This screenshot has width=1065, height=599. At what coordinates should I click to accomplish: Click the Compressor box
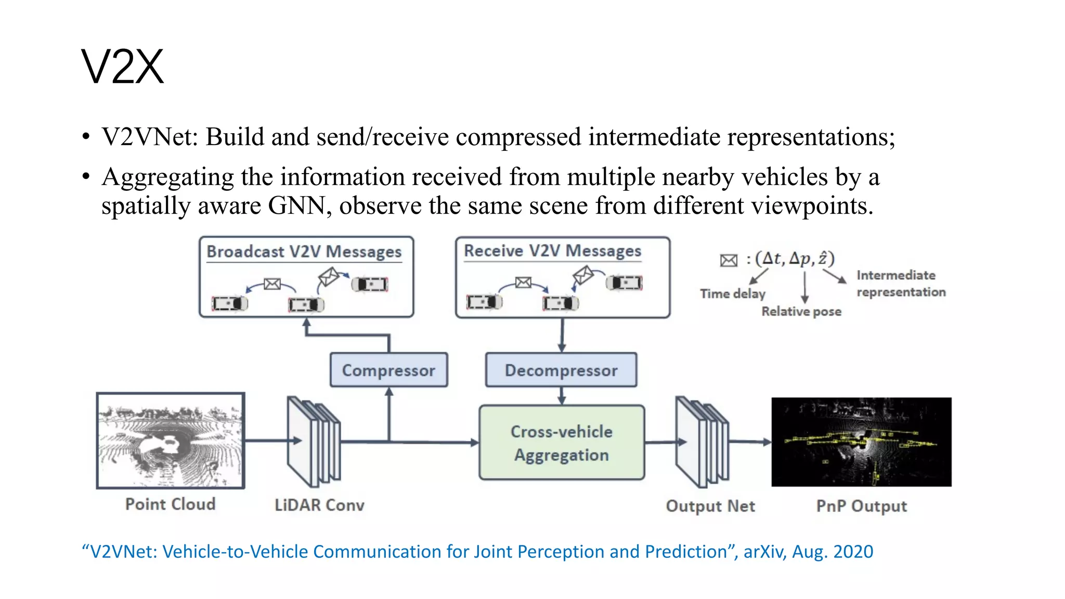coord(388,370)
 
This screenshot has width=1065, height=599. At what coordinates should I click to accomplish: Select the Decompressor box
coord(561,370)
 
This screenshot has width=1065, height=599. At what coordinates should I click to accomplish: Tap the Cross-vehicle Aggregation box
coord(562,442)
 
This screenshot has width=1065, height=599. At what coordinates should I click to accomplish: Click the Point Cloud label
coord(170,504)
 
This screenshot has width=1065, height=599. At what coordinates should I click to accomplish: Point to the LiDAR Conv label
coord(319,505)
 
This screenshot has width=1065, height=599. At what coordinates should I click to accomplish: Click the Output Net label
coord(710,506)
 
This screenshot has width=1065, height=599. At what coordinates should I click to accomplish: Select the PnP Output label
coord(861,506)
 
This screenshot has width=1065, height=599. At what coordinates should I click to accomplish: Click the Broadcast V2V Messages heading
coord(304,252)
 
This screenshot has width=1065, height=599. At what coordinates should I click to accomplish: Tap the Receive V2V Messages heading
coord(552,251)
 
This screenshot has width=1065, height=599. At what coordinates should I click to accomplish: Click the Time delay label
coord(732,294)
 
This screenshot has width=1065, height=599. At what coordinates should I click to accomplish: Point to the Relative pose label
coord(801,311)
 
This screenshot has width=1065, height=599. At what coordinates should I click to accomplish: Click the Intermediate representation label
coord(900,283)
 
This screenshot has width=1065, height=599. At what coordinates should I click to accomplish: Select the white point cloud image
coord(171,440)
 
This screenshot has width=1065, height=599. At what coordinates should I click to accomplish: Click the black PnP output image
coord(861,442)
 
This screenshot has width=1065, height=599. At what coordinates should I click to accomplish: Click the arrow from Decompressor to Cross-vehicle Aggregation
coord(562,396)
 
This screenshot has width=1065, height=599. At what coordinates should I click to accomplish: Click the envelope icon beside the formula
coord(729,260)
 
